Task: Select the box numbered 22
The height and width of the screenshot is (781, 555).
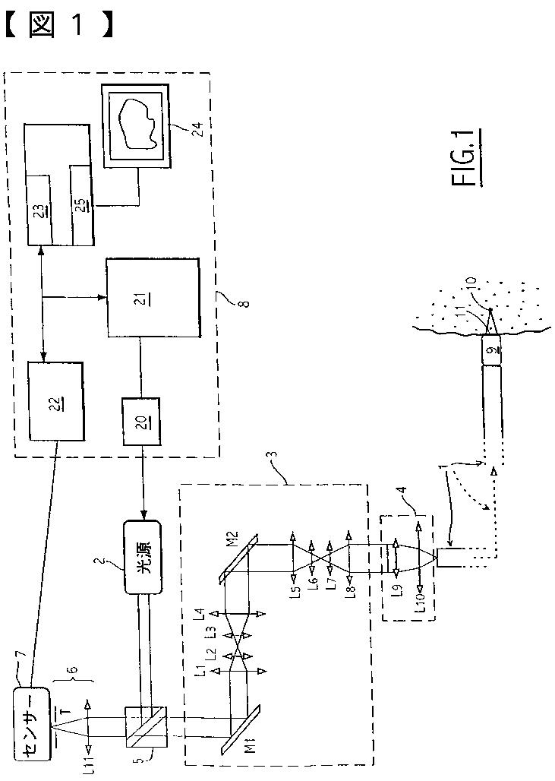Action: coord(55,400)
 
